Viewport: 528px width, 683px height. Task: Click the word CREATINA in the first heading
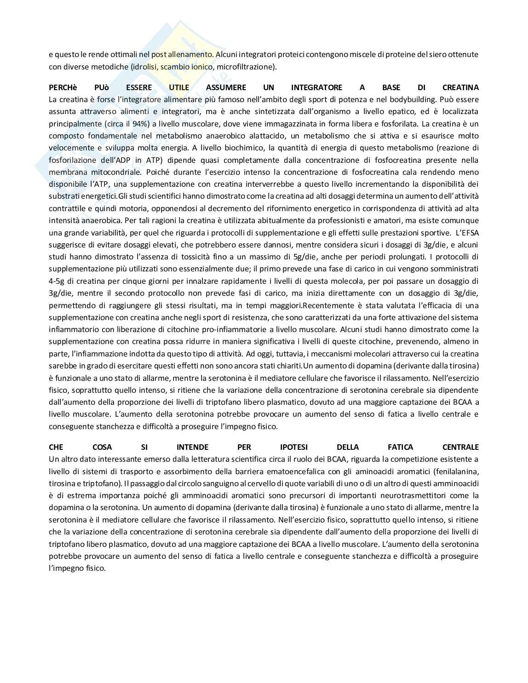[x=460, y=87]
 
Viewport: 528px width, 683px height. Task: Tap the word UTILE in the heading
[x=179, y=87]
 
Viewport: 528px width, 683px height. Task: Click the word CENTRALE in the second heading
[x=460, y=447]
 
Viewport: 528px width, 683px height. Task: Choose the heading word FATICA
[x=400, y=447]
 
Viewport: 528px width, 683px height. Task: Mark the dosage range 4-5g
[x=58, y=281]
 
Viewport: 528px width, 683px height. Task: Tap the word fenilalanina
[x=455, y=471]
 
